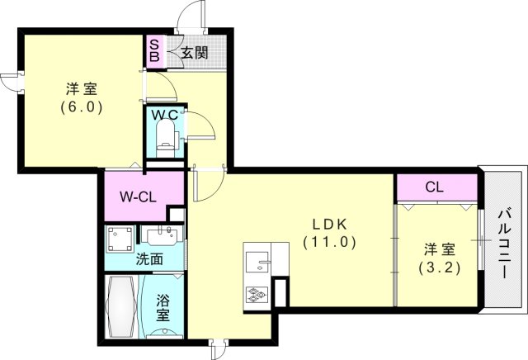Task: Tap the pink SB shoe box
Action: [x=154, y=51]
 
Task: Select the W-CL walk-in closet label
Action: [x=139, y=197]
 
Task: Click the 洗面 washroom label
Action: [x=149, y=258]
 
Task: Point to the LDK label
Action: [x=328, y=224]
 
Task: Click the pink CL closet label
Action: [x=435, y=187]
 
